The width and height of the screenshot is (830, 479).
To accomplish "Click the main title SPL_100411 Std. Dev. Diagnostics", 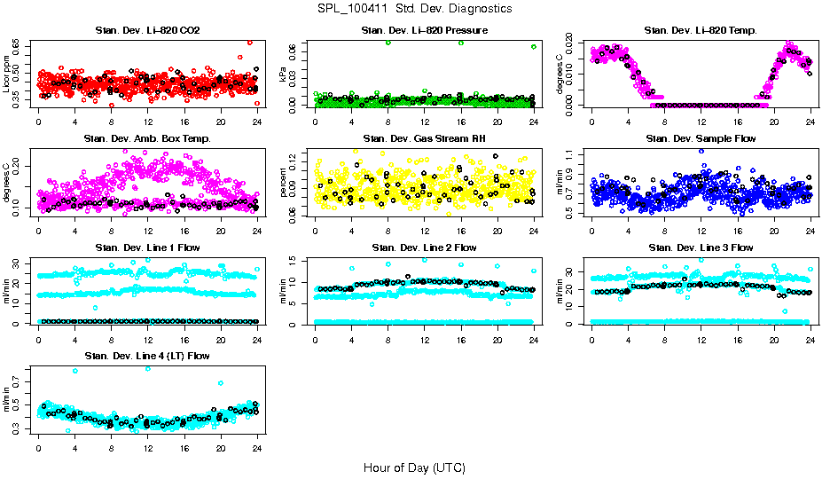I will [x=414, y=9].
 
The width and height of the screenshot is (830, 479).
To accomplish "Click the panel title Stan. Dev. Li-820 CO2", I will [x=147, y=31].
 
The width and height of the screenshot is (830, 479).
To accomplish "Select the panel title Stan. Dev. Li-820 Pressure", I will [x=424, y=31].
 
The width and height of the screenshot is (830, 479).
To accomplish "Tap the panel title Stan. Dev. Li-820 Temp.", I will [x=701, y=31].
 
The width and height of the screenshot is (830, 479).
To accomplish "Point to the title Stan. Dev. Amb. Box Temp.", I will [x=147, y=139].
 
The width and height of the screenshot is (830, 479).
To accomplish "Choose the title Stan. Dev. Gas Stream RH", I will [x=424, y=139].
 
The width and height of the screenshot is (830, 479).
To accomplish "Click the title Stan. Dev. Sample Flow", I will [x=701, y=139].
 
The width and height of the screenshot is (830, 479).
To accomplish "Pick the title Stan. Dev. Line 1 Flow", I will [x=147, y=247].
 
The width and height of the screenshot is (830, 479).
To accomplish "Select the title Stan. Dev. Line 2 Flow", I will [x=424, y=247].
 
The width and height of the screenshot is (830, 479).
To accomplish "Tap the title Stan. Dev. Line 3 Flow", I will [x=701, y=247].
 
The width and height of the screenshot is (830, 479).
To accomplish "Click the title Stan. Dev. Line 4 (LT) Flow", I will [x=147, y=356].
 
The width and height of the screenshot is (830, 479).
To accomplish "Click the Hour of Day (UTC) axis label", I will [x=414, y=467].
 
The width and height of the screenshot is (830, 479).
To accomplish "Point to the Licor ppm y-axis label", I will [x=7, y=74].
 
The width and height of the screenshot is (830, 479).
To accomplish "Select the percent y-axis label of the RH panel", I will [x=284, y=182].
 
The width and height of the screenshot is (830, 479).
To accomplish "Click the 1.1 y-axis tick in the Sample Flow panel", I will [x=571, y=155].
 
